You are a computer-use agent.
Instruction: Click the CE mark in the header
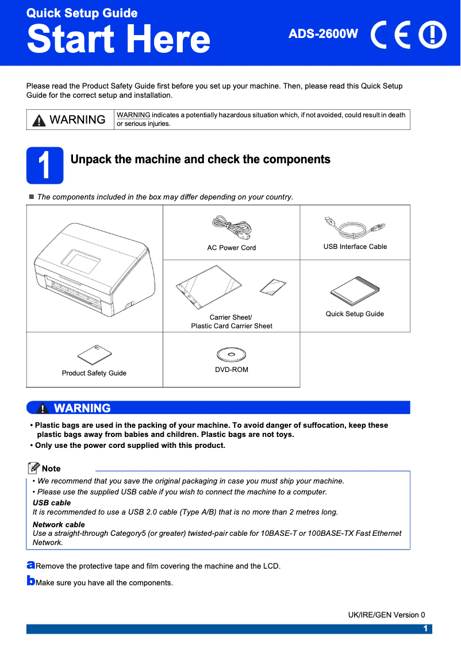(391, 36)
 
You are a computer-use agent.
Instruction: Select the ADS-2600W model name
(323, 34)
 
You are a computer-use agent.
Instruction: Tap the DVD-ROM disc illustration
(231, 354)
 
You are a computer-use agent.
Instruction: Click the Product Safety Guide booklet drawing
(95, 355)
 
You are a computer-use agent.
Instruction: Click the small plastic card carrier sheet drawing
(272, 286)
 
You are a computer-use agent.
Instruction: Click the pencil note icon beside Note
(34, 468)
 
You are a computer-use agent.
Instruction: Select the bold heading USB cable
(52, 503)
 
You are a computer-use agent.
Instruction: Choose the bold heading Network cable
(59, 524)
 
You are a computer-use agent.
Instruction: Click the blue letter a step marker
(30, 566)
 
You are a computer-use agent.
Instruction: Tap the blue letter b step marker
(30, 581)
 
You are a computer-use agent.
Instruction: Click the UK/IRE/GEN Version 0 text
(386, 615)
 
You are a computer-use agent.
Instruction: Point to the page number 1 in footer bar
(425, 628)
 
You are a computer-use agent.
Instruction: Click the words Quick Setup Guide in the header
(82, 13)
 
